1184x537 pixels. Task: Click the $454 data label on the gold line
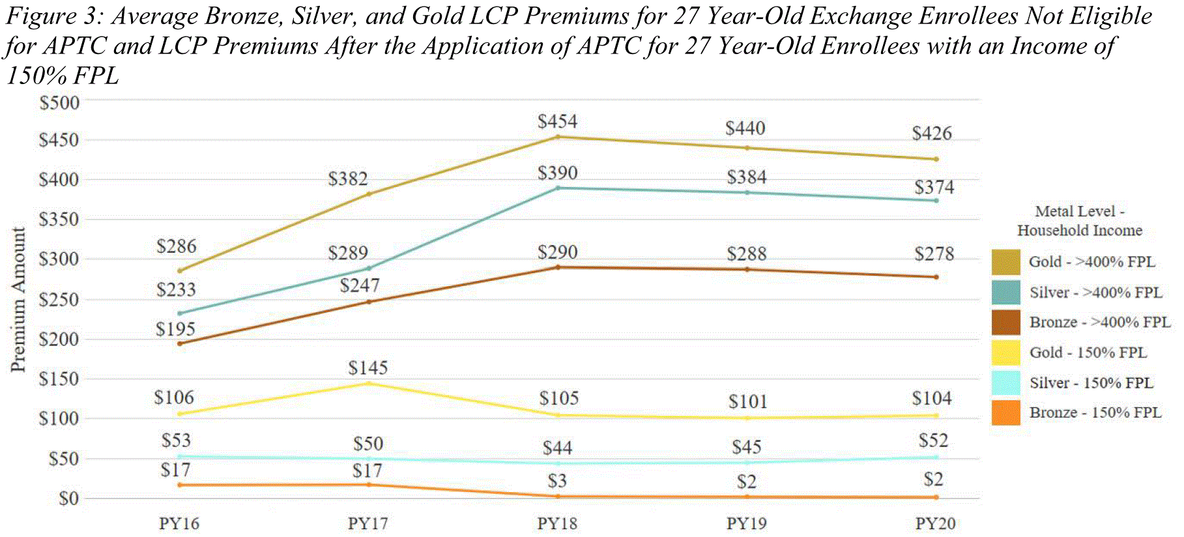(557, 122)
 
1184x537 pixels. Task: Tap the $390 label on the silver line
(557, 173)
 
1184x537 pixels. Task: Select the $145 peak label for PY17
(368, 368)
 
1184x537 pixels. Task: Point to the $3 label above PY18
(557, 482)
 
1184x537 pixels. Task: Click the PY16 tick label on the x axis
(179, 523)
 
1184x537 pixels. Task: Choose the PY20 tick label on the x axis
(935, 523)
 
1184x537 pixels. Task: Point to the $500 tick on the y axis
(59, 103)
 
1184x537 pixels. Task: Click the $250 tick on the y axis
(59, 300)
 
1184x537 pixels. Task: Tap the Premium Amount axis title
(18, 300)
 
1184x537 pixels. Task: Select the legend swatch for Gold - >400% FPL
(1005, 262)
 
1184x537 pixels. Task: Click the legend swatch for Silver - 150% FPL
(1005, 383)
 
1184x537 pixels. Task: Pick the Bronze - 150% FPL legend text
(1095, 413)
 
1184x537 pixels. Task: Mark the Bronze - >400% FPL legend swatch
(1005, 323)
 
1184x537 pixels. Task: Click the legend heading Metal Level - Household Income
(1080, 221)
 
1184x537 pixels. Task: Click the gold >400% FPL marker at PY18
(558, 137)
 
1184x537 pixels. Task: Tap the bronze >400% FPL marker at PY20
(936, 277)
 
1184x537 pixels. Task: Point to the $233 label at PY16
(176, 290)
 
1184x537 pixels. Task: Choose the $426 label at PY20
(932, 134)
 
